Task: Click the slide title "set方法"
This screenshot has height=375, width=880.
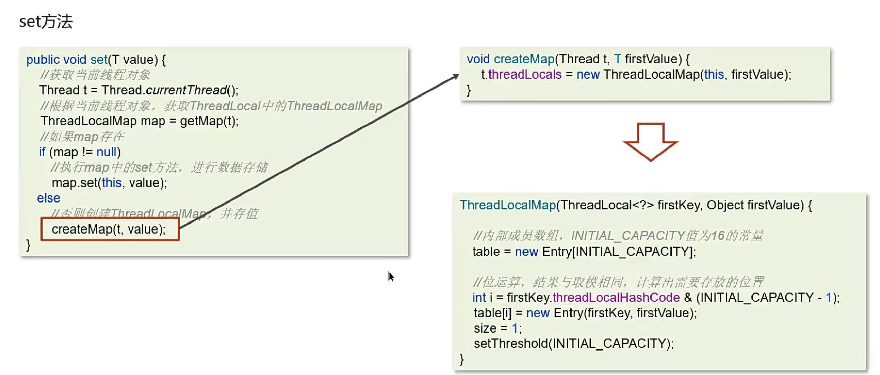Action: (46, 22)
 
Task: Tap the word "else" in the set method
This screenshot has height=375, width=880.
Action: (48, 198)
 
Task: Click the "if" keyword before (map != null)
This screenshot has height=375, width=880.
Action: (42, 152)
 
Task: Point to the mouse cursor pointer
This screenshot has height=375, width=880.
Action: (391, 277)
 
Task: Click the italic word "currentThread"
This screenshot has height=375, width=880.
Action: (186, 90)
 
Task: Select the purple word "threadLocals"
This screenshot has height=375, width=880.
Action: (525, 74)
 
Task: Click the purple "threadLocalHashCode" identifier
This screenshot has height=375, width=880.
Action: (616, 298)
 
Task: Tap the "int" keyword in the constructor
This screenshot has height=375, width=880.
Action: (479, 298)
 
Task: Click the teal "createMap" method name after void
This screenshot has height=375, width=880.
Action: (524, 59)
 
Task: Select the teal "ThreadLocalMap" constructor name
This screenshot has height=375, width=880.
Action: (508, 205)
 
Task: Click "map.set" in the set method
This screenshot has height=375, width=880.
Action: (74, 183)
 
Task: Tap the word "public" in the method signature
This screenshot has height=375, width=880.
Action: (43, 60)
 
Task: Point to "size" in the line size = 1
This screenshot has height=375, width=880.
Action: (485, 328)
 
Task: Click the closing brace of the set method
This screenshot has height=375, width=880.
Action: (28, 245)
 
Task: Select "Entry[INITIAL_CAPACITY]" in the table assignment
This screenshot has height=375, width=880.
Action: (618, 252)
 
